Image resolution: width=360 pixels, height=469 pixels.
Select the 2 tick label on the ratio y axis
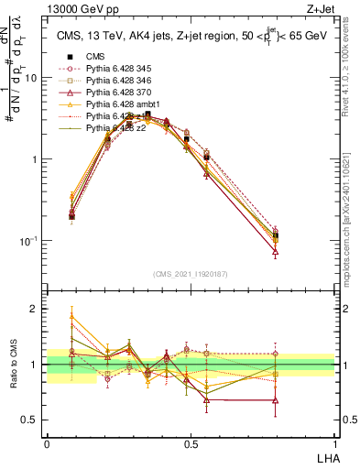[x=35, y=309]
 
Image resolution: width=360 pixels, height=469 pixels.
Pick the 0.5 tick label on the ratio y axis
[x=31, y=421]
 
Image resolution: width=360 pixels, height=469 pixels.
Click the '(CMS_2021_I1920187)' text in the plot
[x=191, y=273]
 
